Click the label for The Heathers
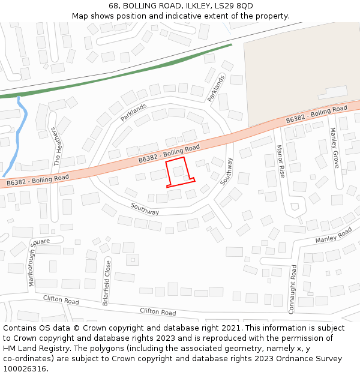(x=57, y=146)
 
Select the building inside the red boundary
(x=178, y=172)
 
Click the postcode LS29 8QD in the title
(x=232, y=6)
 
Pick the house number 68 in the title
(x=113, y=6)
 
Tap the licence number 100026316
(x=25, y=369)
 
